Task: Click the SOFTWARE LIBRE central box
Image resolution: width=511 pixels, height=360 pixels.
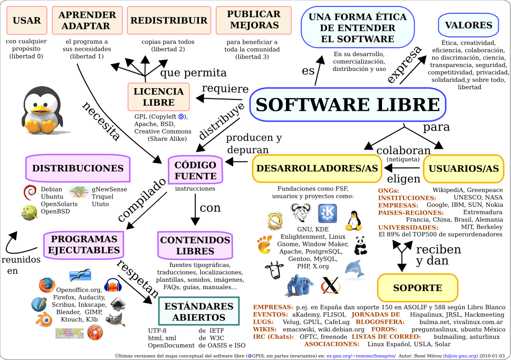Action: [348, 104]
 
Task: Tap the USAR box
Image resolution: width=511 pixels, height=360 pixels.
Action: [27, 20]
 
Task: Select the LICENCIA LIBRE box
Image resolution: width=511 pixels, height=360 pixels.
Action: [159, 97]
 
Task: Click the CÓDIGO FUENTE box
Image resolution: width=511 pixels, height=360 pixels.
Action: [195, 170]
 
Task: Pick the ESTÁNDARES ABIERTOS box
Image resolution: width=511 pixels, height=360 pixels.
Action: [199, 311]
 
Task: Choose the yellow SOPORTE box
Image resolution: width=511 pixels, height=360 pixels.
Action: [417, 288]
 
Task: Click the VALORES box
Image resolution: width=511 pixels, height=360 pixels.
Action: [468, 25]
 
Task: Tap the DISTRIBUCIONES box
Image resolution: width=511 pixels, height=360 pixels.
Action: [78, 168]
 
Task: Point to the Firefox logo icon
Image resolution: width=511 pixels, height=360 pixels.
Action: [47, 285]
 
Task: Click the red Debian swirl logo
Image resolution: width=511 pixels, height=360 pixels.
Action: [30, 193]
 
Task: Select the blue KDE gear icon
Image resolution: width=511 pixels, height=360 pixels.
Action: [327, 213]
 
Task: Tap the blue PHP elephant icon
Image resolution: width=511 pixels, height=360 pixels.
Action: [300, 285]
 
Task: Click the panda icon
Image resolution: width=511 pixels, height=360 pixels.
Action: [360, 246]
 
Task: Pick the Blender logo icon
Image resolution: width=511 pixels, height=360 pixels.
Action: [44, 319]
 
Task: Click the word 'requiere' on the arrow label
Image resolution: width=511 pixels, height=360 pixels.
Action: [225, 89]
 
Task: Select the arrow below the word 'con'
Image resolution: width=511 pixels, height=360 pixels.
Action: [195, 209]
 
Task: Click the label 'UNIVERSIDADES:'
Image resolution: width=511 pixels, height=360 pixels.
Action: [408, 228]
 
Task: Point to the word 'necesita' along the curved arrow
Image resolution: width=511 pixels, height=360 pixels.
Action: [101, 121]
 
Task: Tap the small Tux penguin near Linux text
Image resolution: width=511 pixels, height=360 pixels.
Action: [353, 221]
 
